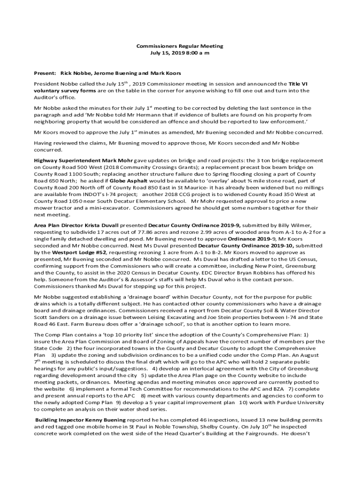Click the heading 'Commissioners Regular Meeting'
[180, 46]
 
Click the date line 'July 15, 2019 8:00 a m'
[180, 53]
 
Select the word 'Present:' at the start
[44, 73]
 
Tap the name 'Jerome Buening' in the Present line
[115, 73]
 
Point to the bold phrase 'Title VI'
[295, 84]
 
